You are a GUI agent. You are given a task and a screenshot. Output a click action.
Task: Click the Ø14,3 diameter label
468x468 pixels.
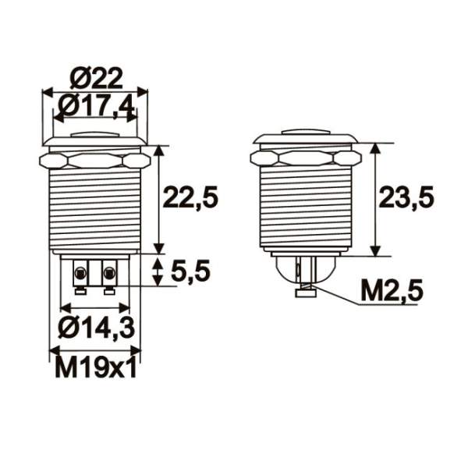pyautogui.click(x=95, y=328)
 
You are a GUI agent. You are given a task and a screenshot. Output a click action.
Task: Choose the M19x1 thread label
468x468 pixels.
pyautogui.click(x=96, y=367)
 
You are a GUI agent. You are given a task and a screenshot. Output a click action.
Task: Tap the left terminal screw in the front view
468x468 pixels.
pyautogui.click(x=80, y=273)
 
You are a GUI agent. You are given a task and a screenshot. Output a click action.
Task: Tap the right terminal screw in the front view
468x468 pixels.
pyautogui.click(x=108, y=273)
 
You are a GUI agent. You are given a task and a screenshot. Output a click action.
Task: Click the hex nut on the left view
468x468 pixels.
pyautogui.click(x=94, y=160)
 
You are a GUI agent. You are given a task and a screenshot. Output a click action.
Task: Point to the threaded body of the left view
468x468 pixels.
pyautogui.click(x=94, y=211)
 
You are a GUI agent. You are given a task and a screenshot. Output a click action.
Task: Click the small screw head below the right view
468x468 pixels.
pyautogui.click(x=305, y=293)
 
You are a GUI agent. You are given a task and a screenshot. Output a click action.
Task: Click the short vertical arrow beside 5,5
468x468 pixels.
pyautogui.click(x=159, y=271)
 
